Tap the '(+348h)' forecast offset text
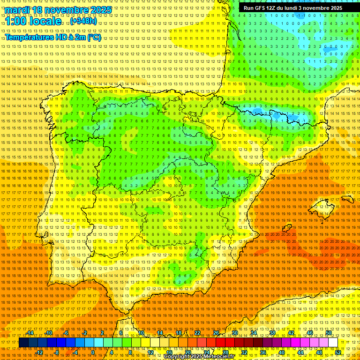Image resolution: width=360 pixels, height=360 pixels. pyautogui.click(x=83, y=21)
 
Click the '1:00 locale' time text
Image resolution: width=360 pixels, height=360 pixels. pyautogui.click(x=33, y=21)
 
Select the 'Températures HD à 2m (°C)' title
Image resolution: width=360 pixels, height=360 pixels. pyautogui.click(x=53, y=37)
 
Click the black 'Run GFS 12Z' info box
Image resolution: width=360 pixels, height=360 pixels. pyautogui.click(x=292, y=8)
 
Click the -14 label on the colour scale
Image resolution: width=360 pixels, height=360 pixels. pyautogui.click(x=30, y=333)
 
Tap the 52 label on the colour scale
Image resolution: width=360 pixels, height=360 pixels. pyautogui.click(x=338, y=352)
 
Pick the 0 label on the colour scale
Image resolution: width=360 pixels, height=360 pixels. pyautogui.click(x=93, y=352)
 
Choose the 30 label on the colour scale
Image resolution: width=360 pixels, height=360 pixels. pyautogui.click(x=235, y=333)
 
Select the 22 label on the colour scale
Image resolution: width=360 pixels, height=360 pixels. pyautogui.click(x=197, y=333)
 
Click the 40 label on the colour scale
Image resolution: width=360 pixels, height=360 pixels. pyautogui.click(x=282, y=352)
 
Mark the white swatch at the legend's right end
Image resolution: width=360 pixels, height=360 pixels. pyautogui.click(x=333, y=343)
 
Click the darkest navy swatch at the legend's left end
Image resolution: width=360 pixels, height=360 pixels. pyautogui.click(x=23, y=343)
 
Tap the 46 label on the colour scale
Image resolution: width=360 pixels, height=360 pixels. pyautogui.click(x=310, y=333)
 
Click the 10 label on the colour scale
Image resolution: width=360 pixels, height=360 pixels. pyautogui.click(x=141, y=333)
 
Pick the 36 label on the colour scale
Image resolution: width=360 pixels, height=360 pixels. pyautogui.click(x=263, y=352)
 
